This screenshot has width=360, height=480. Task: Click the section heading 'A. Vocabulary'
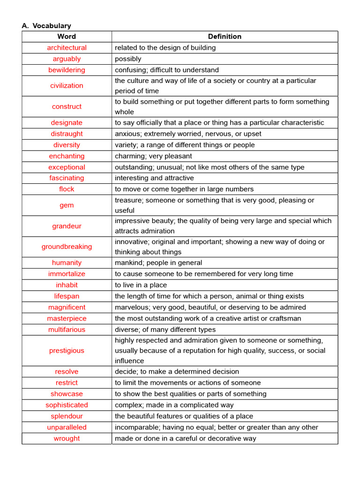(x=46, y=26)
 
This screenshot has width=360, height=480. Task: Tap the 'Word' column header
(x=67, y=37)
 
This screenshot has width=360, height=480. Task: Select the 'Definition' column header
(x=225, y=37)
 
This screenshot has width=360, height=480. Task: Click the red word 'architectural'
(x=67, y=48)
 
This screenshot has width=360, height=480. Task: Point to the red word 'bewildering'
(x=67, y=70)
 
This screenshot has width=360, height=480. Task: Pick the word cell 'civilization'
(x=67, y=86)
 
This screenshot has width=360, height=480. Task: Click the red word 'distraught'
(x=67, y=134)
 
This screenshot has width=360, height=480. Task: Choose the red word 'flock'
(x=67, y=189)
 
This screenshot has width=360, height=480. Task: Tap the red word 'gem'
(x=67, y=205)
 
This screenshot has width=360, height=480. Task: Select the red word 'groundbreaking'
(x=67, y=247)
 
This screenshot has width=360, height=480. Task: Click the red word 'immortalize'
(x=67, y=274)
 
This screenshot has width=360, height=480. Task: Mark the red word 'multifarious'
(x=67, y=330)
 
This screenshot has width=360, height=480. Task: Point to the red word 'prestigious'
(x=67, y=351)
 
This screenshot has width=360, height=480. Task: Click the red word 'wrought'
(x=67, y=438)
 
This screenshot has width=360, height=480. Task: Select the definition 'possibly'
(x=128, y=59)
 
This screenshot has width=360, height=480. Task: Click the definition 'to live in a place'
(x=141, y=285)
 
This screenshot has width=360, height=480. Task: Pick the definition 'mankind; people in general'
(x=158, y=263)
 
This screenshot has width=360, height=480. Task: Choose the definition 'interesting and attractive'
(x=154, y=178)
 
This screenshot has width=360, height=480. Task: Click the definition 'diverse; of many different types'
(x=165, y=330)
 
